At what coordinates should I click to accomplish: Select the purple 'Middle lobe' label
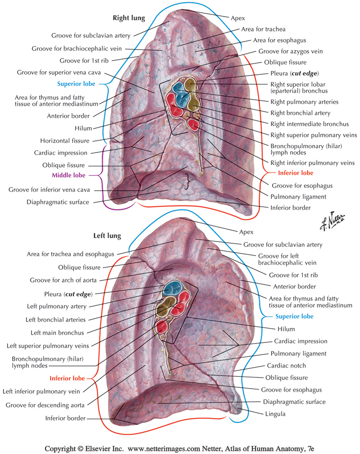point(73,175)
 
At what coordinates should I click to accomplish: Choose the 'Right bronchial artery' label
point(300,113)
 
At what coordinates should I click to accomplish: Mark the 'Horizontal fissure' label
point(64,141)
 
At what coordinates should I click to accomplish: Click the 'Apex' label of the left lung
point(245,232)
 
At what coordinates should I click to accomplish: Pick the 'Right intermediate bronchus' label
point(309,123)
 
